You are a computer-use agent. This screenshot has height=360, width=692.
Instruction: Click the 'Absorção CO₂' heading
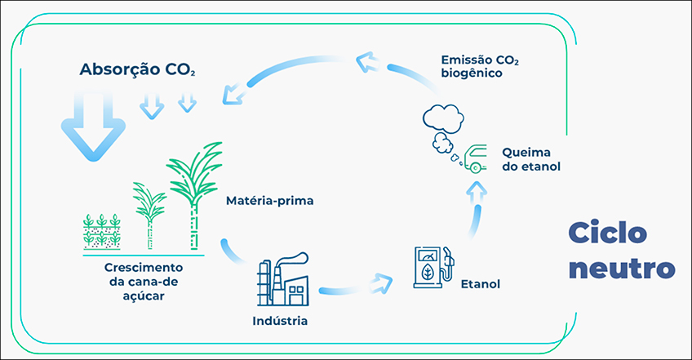click(137, 69)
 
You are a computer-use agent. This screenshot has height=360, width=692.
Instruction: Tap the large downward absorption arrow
click(95, 123)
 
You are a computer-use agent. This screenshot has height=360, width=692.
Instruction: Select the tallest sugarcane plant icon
click(194, 192)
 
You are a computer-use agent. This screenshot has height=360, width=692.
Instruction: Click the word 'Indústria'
click(280, 320)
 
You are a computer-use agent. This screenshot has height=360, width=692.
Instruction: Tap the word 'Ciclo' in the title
click(608, 233)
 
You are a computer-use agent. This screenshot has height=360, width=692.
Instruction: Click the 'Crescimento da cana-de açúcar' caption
click(144, 282)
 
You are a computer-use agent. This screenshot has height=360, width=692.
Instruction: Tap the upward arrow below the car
click(478, 196)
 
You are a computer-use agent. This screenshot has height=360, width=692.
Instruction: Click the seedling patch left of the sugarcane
click(102, 231)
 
